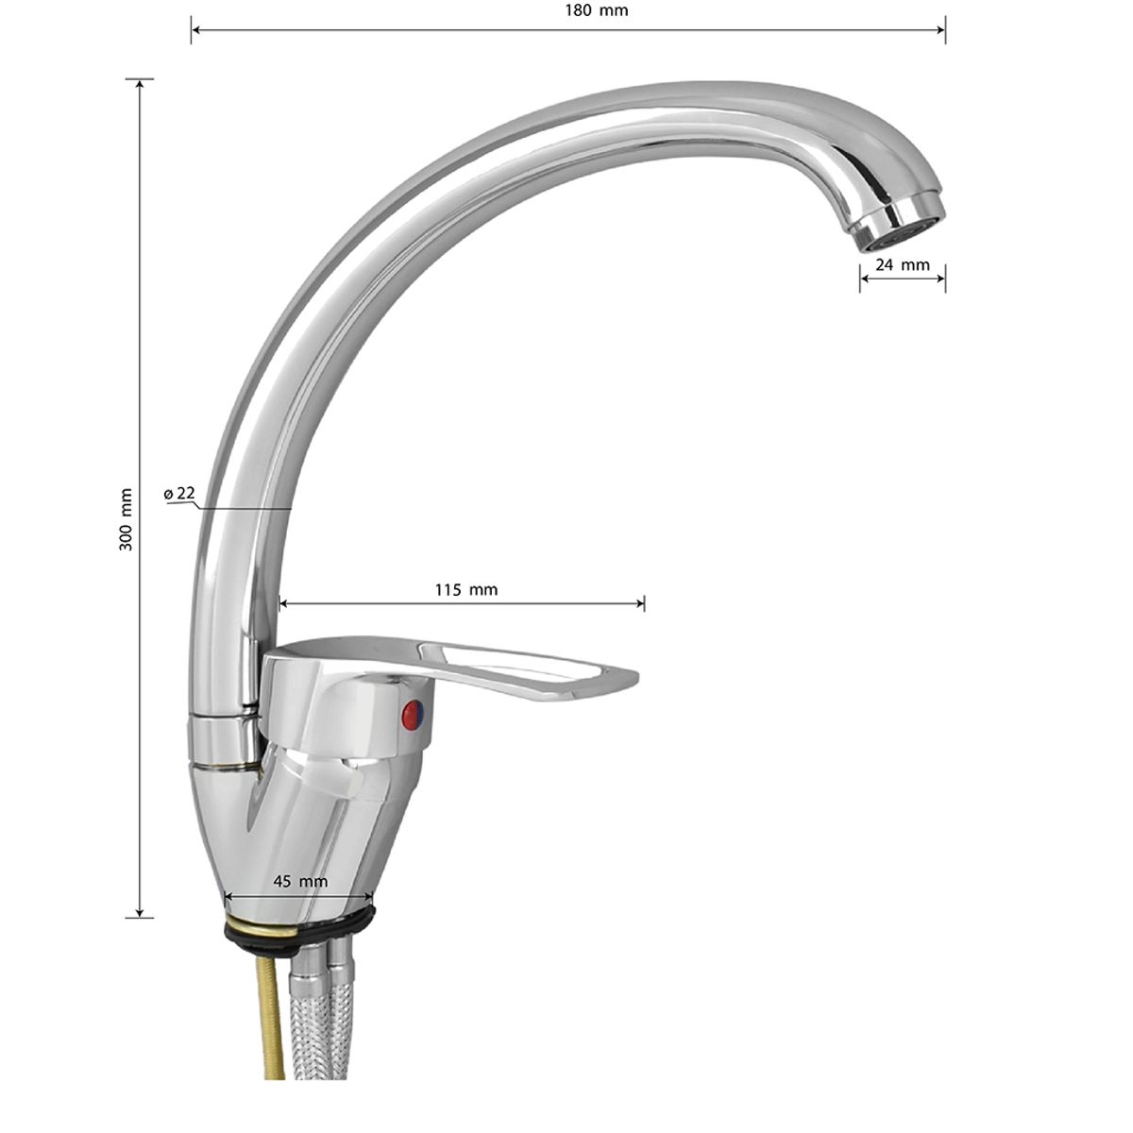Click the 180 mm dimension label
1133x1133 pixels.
pyautogui.click(x=597, y=10)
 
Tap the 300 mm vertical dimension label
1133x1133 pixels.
pyautogui.click(x=126, y=519)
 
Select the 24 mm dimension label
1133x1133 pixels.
pyautogui.click(x=904, y=264)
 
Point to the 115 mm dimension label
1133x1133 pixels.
pyautogui.click(x=466, y=589)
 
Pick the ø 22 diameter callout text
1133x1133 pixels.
pyautogui.click(x=179, y=493)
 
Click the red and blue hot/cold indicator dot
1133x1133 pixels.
pyautogui.click(x=413, y=714)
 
